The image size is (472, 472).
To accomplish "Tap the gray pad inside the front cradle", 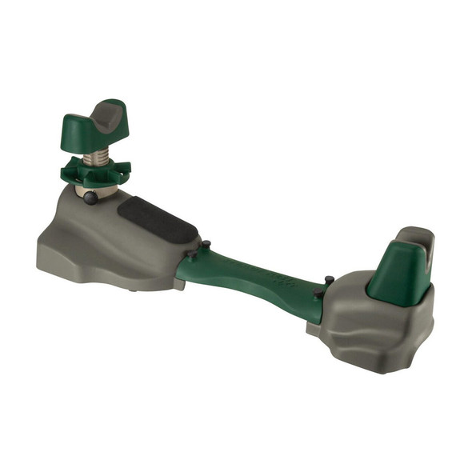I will click(108, 114).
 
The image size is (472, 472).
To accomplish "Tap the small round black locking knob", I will click(90, 198).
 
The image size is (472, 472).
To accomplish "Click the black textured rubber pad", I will click(157, 219).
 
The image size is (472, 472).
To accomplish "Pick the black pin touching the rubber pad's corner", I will click(205, 244).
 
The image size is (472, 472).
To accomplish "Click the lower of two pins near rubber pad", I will click(190, 258).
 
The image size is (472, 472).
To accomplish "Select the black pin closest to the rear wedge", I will click(328, 280).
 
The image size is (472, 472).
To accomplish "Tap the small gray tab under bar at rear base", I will click(311, 328).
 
